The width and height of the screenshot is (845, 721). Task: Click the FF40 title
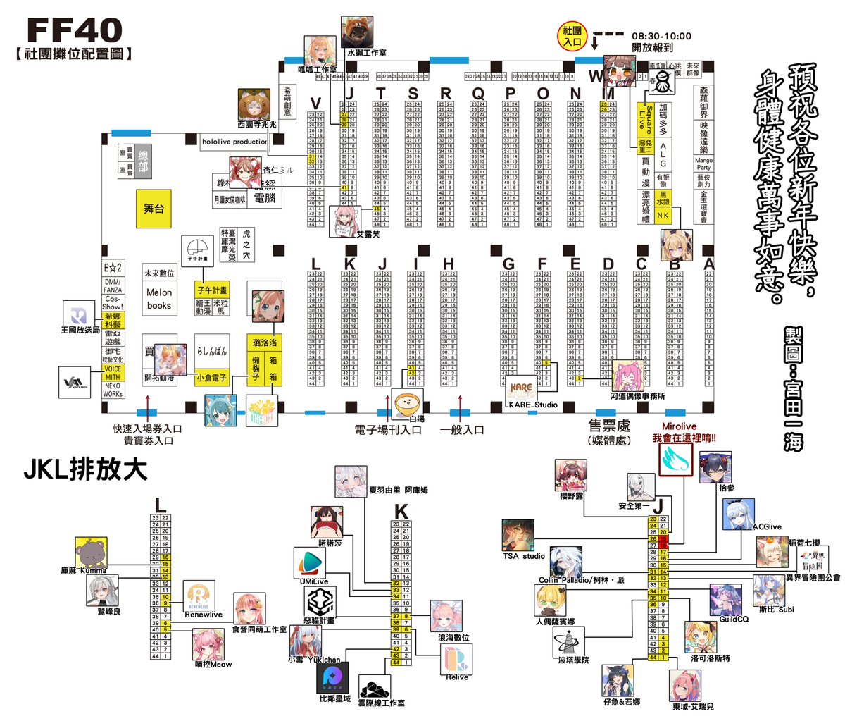(75, 31)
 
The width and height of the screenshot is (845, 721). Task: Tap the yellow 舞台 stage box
(154, 208)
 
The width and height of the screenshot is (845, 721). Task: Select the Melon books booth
(159, 299)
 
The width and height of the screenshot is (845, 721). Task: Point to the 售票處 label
(609, 426)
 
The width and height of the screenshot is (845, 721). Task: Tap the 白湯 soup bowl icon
(408, 405)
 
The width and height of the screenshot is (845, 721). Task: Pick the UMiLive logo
(309, 564)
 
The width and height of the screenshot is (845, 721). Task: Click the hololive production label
(234, 142)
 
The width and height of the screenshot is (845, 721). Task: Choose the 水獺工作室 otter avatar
(357, 32)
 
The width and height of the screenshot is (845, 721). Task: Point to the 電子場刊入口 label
(387, 429)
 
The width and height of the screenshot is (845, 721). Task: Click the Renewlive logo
(199, 596)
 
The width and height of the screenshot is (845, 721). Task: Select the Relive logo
(457, 660)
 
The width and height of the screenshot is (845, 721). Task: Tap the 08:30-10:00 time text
(661, 36)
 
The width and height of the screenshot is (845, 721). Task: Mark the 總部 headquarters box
(143, 161)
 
